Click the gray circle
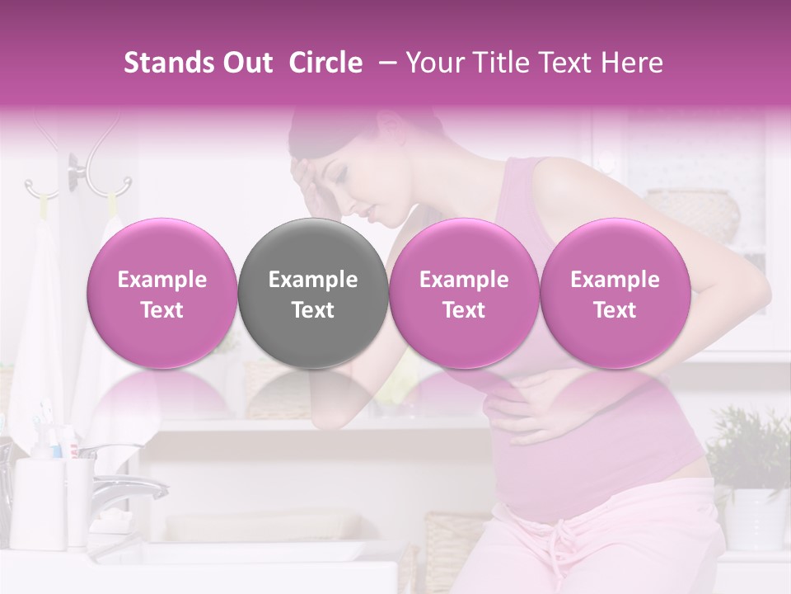[312, 294]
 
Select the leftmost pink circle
[161, 294]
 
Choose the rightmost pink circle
[615, 294]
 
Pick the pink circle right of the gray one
[464, 294]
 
